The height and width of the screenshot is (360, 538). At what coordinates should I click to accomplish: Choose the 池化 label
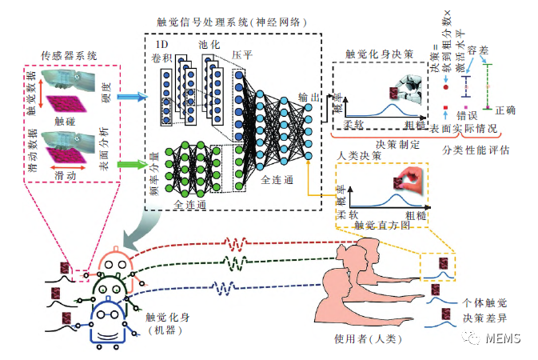[x=209, y=48]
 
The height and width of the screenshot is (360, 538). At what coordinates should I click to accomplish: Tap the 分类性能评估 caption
[x=476, y=149]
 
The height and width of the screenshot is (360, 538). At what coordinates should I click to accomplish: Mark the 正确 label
[x=505, y=110]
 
